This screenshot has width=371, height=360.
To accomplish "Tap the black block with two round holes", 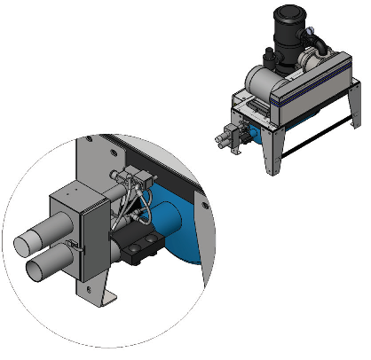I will (x=138, y=250).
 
